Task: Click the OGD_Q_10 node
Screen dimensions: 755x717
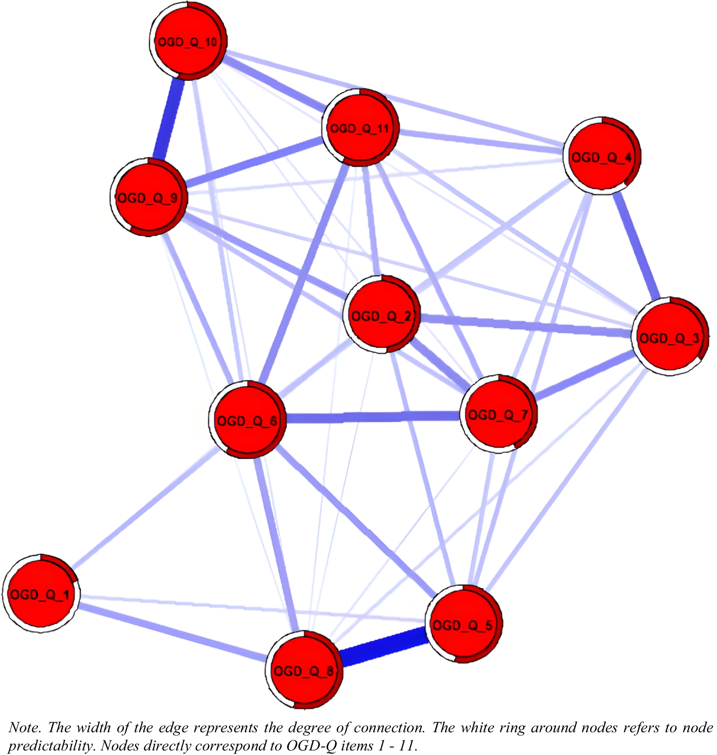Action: point(188,41)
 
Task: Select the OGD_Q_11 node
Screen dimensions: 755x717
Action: point(361,127)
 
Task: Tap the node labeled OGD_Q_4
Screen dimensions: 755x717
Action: point(602,157)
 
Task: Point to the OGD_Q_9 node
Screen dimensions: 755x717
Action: point(149,197)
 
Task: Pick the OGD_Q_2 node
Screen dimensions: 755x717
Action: point(382,316)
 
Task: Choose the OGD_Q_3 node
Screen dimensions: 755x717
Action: point(669,337)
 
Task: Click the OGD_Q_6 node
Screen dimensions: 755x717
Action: point(247,420)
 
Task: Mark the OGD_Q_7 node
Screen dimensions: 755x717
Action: point(499,415)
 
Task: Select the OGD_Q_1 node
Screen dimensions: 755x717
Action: point(40,594)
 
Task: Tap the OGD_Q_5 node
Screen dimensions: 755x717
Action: point(463,625)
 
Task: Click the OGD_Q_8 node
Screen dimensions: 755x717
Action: point(304,670)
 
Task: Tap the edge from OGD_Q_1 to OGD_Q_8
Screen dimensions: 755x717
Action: point(172,632)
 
